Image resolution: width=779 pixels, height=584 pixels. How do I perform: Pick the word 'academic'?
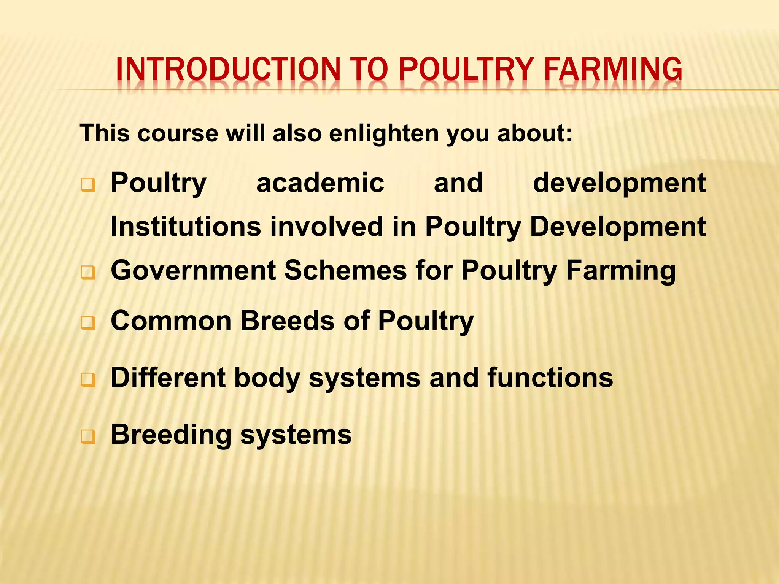click(x=320, y=183)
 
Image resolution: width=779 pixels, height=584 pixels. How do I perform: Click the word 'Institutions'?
click(x=186, y=227)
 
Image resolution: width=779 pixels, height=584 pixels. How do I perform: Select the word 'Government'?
click(x=193, y=270)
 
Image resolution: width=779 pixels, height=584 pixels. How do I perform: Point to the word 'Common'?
click(x=171, y=321)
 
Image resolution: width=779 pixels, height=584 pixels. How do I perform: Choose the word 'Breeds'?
click(x=288, y=321)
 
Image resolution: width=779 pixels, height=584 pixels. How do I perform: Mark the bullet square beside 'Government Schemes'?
click(x=88, y=273)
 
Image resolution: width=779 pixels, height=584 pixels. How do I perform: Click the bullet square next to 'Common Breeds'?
click(x=88, y=323)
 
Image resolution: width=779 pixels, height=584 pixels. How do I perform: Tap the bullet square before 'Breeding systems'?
click(x=88, y=437)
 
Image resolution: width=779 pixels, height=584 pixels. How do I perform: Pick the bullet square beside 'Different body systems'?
click(x=88, y=380)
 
